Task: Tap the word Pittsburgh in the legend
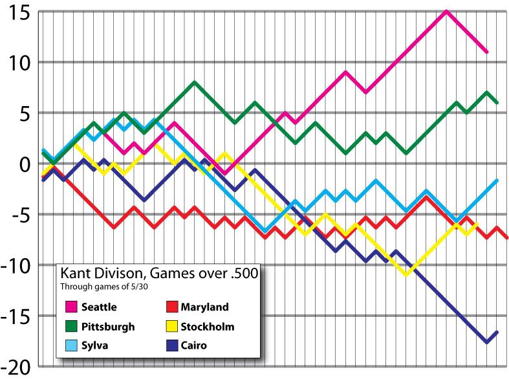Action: (x=109, y=327)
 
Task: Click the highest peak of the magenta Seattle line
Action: (x=446, y=11)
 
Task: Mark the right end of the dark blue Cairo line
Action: (x=497, y=332)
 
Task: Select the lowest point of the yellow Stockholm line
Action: (x=406, y=275)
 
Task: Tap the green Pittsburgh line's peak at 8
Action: (x=194, y=83)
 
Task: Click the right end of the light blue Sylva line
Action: (x=497, y=180)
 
